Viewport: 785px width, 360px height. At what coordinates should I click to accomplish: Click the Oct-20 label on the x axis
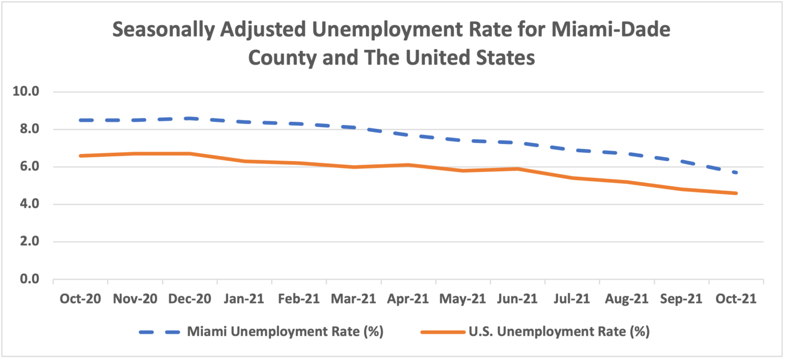pos(81,299)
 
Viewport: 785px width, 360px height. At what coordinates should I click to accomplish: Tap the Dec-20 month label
pos(190,299)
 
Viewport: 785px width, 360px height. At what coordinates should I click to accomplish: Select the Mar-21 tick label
pos(354,299)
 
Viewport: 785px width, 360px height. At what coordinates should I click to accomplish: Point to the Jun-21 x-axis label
pos(518,299)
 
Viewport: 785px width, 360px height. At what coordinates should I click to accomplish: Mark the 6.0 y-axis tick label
pos(29,167)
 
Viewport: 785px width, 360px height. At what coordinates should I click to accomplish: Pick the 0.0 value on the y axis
pos(29,279)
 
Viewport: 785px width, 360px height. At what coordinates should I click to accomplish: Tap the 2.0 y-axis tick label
pos(29,242)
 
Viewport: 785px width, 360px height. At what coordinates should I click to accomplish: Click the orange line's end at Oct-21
pos(736,193)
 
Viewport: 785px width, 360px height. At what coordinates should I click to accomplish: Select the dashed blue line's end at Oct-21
pos(736,173)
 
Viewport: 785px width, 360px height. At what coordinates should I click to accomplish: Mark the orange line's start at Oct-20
pos(81,155)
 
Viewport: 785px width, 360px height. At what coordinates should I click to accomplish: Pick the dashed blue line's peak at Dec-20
pos(190,118)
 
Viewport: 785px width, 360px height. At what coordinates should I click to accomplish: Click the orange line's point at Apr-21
pos(408,165)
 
